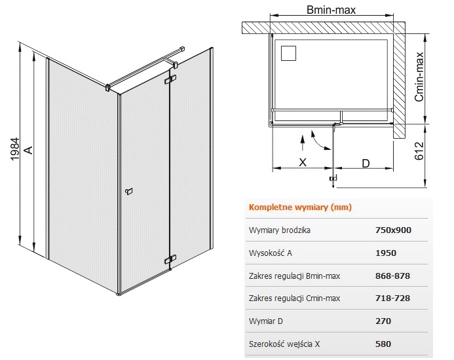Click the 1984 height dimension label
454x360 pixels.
[x=14, y=149]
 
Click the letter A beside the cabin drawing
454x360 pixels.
[x=29, y=150]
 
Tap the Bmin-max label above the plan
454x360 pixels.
[x=331, y=10]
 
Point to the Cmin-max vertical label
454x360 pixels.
[x=419, y=77]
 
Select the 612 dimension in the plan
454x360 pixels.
[x=419, y=151]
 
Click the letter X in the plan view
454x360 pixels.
[x=303, y=162]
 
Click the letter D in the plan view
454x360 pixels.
[x=366, y=164]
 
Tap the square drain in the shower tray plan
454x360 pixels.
[x=288, y=53]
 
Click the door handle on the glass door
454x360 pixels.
[x=128, y=191]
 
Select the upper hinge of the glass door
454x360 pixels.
[x=170, y=80]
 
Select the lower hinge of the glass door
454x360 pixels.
[x=170, y=259]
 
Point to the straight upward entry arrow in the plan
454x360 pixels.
[x=303, y=143]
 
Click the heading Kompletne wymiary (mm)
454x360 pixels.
[x=300, y=207]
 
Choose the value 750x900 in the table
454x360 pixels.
[x=393, y=230]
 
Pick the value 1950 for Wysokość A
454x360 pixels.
[x=386, y=253]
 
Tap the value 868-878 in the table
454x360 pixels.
[x=392, y=276]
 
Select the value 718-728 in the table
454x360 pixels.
[x=392, y=298]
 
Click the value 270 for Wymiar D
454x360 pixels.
[x=383, y=321]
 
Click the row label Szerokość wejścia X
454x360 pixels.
[x=284, y=344]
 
